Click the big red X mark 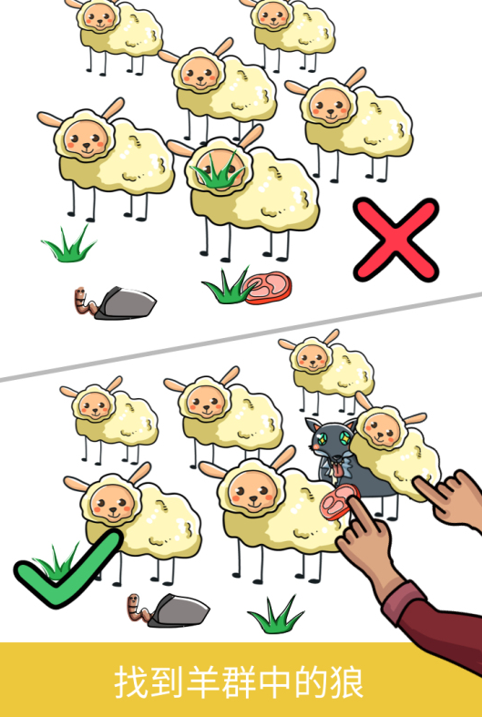click(396, 240)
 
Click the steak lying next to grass click(268, 288)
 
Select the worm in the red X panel click(83, 301)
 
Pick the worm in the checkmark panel click(138, 609)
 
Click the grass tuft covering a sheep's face click(218, 171)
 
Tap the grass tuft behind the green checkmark click(56, 561)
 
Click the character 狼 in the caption click(346, 682)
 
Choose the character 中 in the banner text click(274, 682)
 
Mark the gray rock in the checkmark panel click(179, 610)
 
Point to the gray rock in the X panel click(126, 302)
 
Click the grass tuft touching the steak click(227, 286)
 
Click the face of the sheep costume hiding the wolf click(382, 429)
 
